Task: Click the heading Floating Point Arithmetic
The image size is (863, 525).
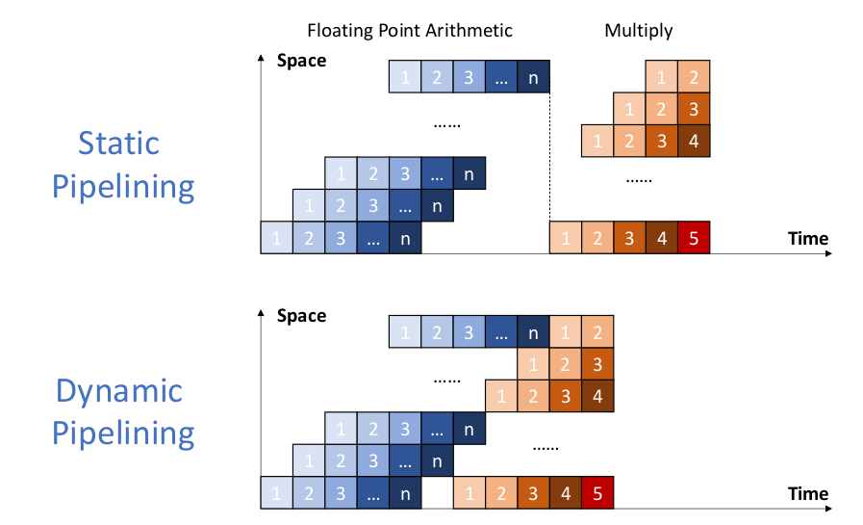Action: (409, 31)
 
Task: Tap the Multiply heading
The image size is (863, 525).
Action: (638, 31)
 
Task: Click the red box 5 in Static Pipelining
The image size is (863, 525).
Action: (693, 238)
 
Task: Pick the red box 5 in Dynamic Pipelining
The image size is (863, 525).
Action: (597, 493)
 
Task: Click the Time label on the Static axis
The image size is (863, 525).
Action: (807, 238)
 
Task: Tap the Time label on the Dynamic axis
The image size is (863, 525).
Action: (807, 494)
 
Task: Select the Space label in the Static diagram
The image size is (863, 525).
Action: (301, 62)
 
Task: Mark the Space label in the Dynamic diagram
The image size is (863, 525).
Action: (301, 316)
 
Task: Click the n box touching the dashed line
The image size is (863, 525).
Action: (533, 77)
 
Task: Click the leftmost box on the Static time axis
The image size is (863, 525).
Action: (277, 238)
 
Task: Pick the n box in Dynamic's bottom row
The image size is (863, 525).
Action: (405, 493)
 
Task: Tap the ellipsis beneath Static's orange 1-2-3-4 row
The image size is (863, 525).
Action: (639, 179)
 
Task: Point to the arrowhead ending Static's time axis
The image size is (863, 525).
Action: (827, 254)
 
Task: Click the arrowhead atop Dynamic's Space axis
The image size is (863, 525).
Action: (262, 313)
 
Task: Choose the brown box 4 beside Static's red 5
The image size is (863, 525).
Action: (661, 238)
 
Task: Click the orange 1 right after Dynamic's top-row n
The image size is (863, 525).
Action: (565, 332)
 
